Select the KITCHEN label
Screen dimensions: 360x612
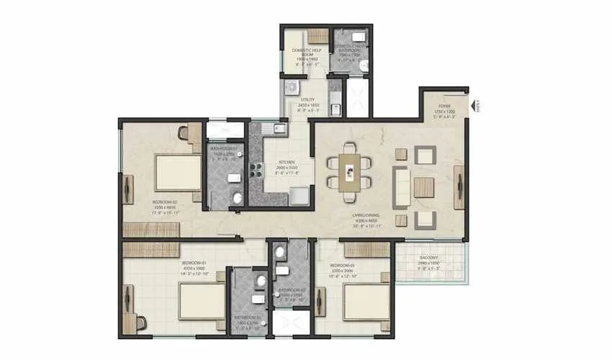click(287, 163)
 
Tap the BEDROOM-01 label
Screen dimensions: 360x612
click(195, 263)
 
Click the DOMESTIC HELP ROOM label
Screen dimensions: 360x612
click(305, 50)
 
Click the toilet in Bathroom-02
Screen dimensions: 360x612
click(237, 197)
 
